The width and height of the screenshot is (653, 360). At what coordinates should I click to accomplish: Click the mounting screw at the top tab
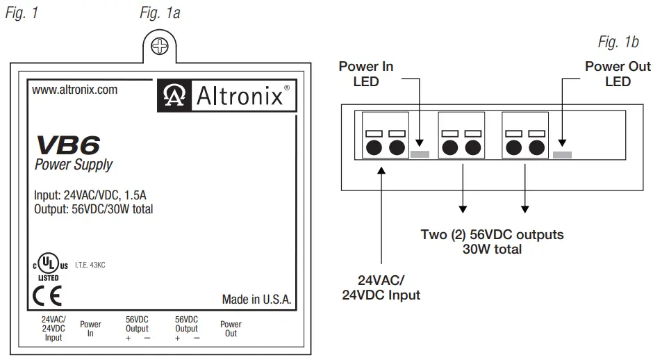click(x=160, y=47)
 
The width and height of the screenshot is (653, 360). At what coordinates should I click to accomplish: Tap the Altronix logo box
click(x=224, y=95)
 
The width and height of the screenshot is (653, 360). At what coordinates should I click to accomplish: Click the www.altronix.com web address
click(x=75, y=90)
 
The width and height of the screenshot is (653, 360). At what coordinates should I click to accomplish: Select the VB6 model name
click(x=67, y=145)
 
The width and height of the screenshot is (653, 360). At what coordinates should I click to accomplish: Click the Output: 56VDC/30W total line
click(x=93, y=209)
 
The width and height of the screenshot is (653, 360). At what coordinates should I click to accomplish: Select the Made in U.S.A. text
click(x=256, y=300)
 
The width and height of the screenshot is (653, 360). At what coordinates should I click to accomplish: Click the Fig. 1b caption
click(x=618, y=42)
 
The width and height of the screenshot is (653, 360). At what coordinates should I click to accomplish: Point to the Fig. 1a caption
click(x=160, y=13)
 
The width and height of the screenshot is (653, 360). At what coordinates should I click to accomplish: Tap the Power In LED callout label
click(x=365, y=74)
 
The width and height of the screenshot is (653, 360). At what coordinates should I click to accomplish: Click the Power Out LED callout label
click(x=618, y=74)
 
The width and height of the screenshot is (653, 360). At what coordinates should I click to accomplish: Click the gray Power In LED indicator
click(x=420, y=154)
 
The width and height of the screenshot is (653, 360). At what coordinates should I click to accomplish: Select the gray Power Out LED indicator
click(x=562, y=154)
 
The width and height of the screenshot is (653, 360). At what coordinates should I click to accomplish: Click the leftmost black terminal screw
click(x=374, y=147)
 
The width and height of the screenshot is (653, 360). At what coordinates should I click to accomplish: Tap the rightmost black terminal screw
click(x=536, y=147)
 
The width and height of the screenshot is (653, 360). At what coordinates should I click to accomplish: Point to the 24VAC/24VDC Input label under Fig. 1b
click(x=381, y=288)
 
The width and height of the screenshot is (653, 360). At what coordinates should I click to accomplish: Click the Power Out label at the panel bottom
click(x=231, y=329)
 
